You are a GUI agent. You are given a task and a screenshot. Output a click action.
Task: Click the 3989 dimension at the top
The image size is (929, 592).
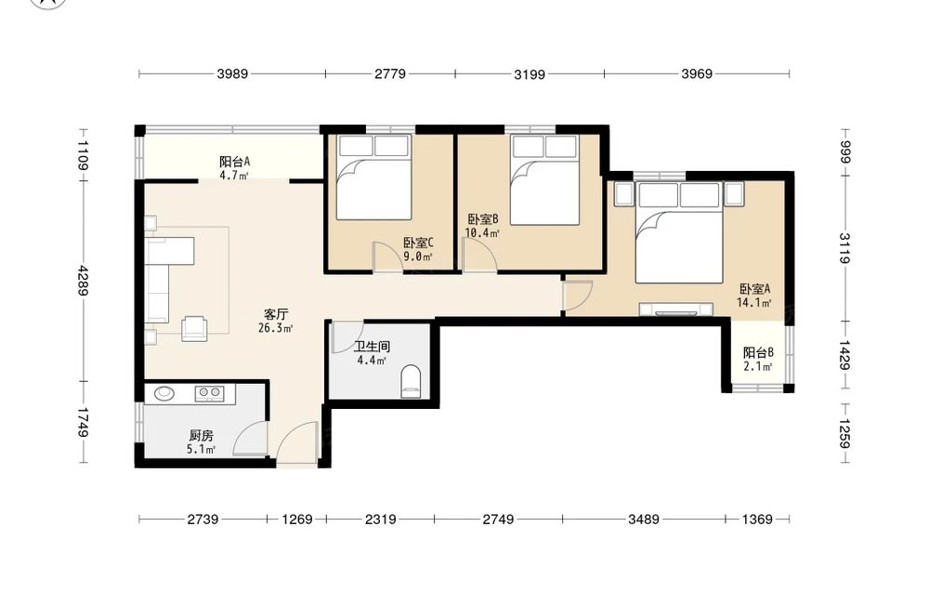point(232,74)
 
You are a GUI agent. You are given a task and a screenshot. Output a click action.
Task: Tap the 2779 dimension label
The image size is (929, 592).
point(390,74)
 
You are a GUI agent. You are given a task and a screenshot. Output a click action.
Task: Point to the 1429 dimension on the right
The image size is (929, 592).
point(844,355)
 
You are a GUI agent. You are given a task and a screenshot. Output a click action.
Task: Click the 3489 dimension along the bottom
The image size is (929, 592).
point(644,520)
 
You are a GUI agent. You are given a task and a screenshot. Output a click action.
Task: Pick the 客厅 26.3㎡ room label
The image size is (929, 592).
point(276,321)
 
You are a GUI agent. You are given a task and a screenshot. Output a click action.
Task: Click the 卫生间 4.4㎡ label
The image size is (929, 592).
point(372,353)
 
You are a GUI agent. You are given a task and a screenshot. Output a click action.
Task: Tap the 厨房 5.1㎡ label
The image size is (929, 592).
point(201,442)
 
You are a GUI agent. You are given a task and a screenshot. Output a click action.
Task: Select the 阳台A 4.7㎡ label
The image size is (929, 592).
point(234,167)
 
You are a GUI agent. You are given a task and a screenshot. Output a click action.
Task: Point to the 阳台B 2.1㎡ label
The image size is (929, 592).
point(758,359)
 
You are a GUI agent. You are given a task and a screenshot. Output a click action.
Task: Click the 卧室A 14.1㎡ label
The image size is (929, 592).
point(754,296)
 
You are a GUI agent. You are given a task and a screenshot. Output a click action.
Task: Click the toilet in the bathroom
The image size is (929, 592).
point(411,382)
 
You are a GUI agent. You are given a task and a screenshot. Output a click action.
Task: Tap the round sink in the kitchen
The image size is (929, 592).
point(164,392)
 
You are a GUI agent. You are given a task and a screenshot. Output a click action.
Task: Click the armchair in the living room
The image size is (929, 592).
point(194,328)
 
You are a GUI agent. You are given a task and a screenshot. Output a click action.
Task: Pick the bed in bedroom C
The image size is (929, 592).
point(373,178)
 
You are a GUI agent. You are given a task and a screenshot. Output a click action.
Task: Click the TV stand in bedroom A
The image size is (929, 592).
point(676,309)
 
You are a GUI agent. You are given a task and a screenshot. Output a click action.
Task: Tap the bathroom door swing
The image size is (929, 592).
point(347,337)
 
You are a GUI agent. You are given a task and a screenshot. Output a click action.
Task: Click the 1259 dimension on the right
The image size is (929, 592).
point(844,434)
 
